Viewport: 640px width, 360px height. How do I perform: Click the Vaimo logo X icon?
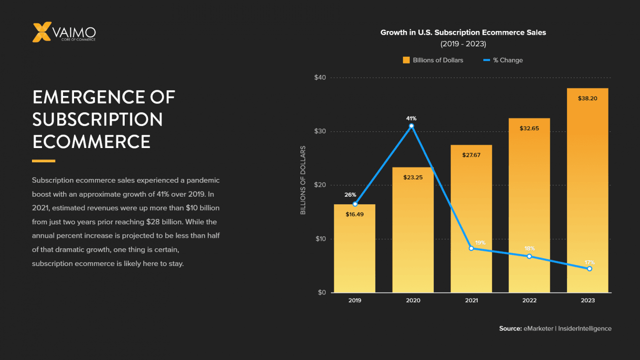pyautogui.click(x=42, y=32)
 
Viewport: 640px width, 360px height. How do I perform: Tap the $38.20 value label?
pyautogui.click(x=587, y=98)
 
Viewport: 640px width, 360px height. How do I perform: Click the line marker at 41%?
pyautogui.click(x=411, y=126)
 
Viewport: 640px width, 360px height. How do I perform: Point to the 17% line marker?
pyautogui.click(x=589, y=269)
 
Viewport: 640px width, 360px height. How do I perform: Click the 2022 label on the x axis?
pyautogui.click(x=529, y=301)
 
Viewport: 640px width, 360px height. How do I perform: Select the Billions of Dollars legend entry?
pyautogui.click(x=433, y=60)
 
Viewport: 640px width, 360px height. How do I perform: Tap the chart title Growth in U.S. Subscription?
pyautogui.click(x=463, y=32)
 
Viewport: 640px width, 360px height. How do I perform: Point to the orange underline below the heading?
pyautogui.click(x=43, y=161)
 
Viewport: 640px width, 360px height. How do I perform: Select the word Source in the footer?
pyautogui.click(x=510, y=328)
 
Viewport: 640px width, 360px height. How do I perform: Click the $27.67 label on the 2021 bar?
pyautogui.click(x=471, y=155)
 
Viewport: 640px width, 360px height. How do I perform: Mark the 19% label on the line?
pyautogui.click(x=480, y=243)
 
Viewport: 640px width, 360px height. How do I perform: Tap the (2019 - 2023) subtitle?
pyautogui.click(x=463, y=44)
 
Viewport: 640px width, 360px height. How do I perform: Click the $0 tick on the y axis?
pyautogui.click(x=321, y=293)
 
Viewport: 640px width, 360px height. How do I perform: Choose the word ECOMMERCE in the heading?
pyautogui.click(x=91, y=141)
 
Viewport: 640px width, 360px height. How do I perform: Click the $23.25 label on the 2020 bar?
pyautogui.click(x=413, y=177)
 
